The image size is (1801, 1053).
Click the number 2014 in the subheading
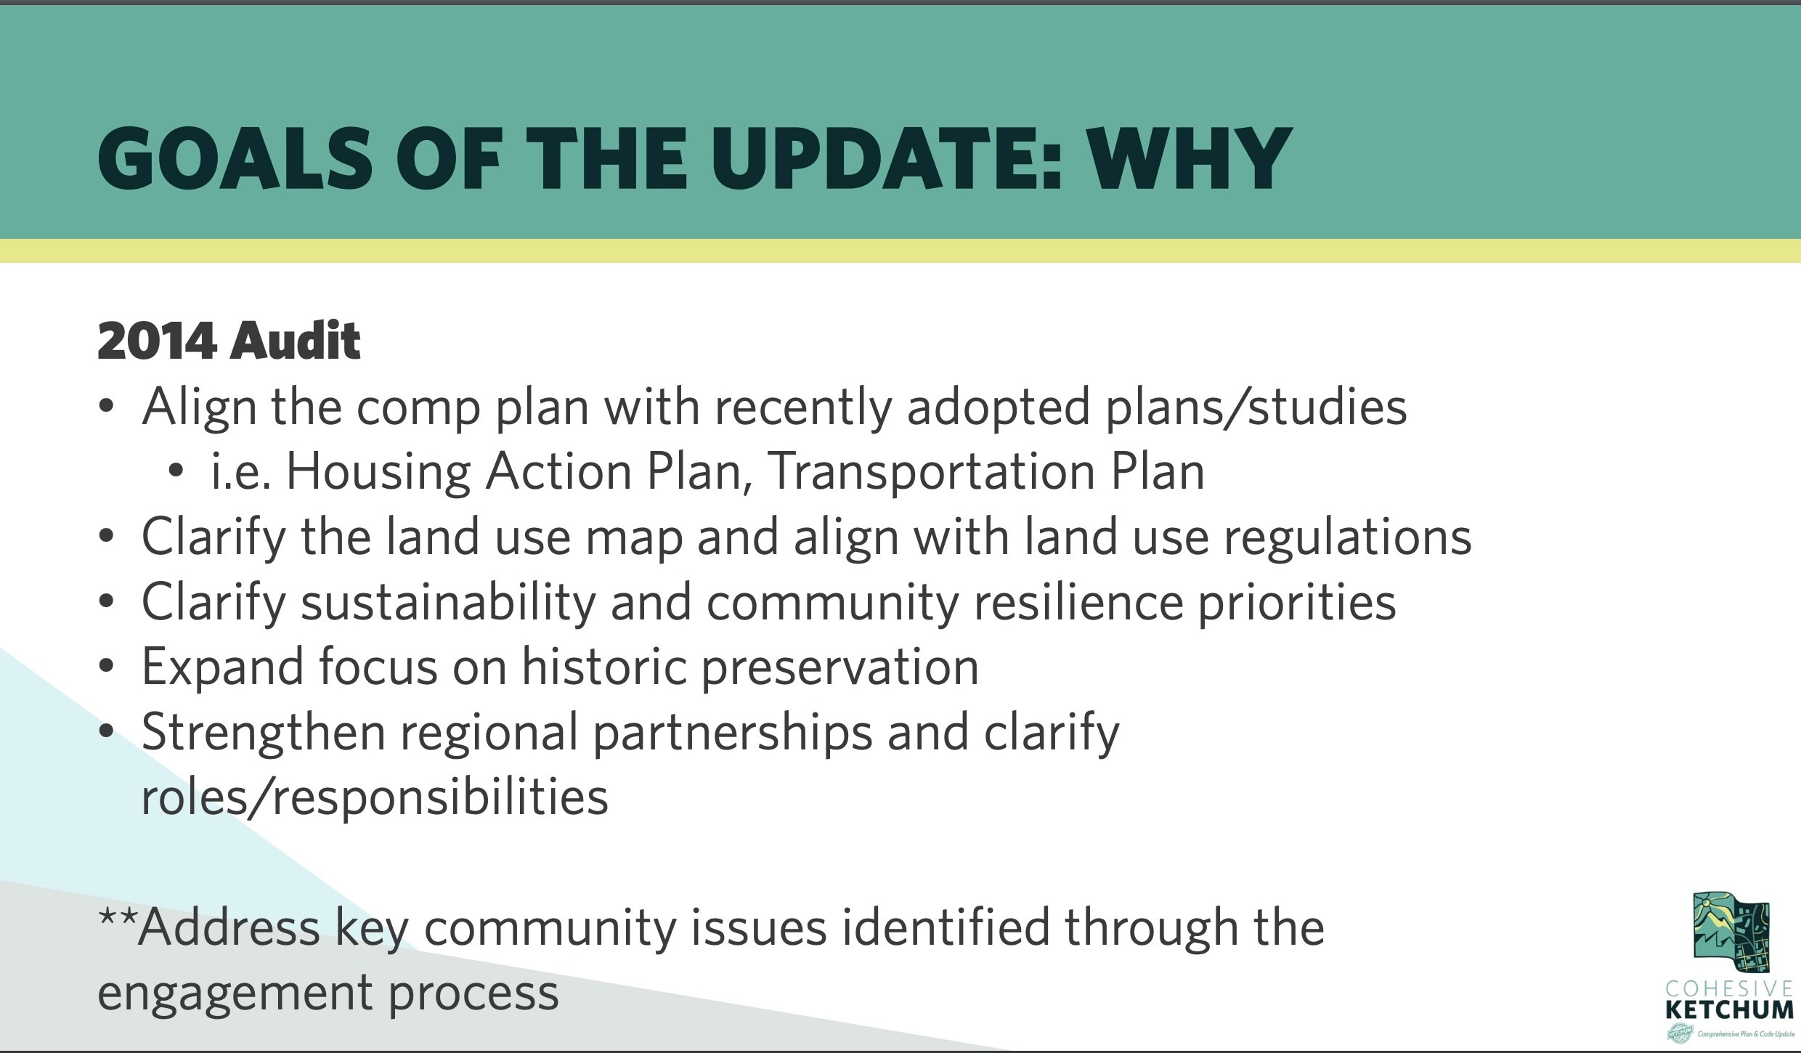tap(156, 341)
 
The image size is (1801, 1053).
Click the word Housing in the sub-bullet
tap(378, 472)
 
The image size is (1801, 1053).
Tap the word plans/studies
tap(1256, 407)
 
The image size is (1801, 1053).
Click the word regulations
tap(1348, 537)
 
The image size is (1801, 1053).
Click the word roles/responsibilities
tap(375, 797)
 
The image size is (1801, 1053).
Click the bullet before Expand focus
tap(107, 667)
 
